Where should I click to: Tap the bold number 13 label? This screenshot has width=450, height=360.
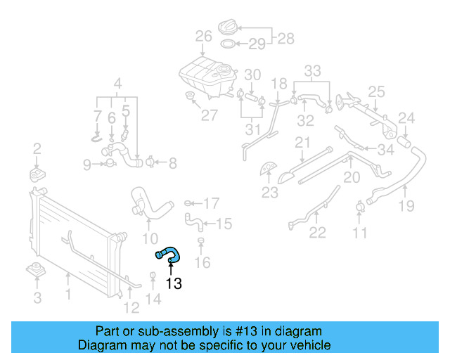coord(173,284)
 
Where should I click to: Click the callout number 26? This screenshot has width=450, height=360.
coord(203,37)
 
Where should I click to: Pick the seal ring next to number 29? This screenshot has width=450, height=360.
coord(229,45)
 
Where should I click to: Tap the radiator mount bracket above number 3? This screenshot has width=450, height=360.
coord(36,269)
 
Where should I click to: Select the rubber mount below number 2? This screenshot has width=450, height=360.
coord(36,172)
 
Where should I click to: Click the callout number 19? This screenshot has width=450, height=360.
coord(406,206)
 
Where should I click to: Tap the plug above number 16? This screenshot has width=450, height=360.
coord(201,241)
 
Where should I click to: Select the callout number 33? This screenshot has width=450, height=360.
coord(312,70)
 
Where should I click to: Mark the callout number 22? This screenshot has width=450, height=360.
coord(318,233)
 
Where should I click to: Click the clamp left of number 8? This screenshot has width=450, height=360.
coord(149,163)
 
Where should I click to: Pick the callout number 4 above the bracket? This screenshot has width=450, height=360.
coord(117,82)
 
